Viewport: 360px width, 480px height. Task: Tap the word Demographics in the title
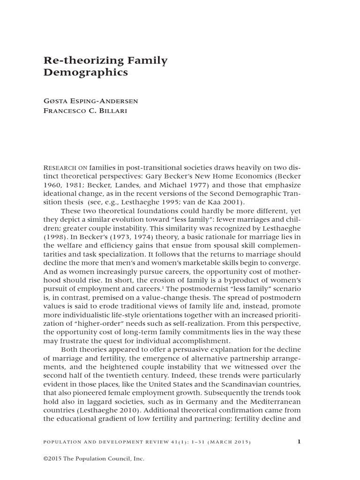tap(85, 73)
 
